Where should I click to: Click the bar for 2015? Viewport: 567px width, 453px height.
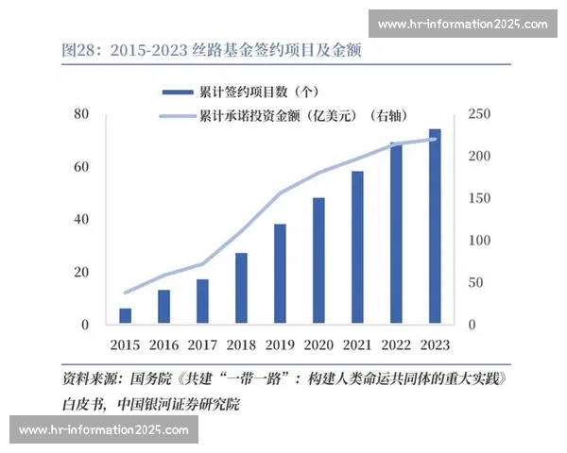pos(125,316)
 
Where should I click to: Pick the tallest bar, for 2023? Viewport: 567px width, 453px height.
pos(435,226)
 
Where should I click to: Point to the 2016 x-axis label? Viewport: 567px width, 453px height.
pos(163,344)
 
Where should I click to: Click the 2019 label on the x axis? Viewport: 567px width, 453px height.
pos(280,344)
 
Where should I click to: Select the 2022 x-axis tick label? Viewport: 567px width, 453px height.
pos(396,344)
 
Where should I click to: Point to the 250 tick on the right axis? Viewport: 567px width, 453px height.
pos(480,114)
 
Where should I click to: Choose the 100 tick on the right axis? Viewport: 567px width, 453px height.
pos(480,241)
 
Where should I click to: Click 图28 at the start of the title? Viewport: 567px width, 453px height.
pos(78,49)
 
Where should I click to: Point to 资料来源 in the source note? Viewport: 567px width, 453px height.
pos(90,381)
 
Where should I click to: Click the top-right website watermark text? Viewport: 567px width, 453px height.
pos(462,25)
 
